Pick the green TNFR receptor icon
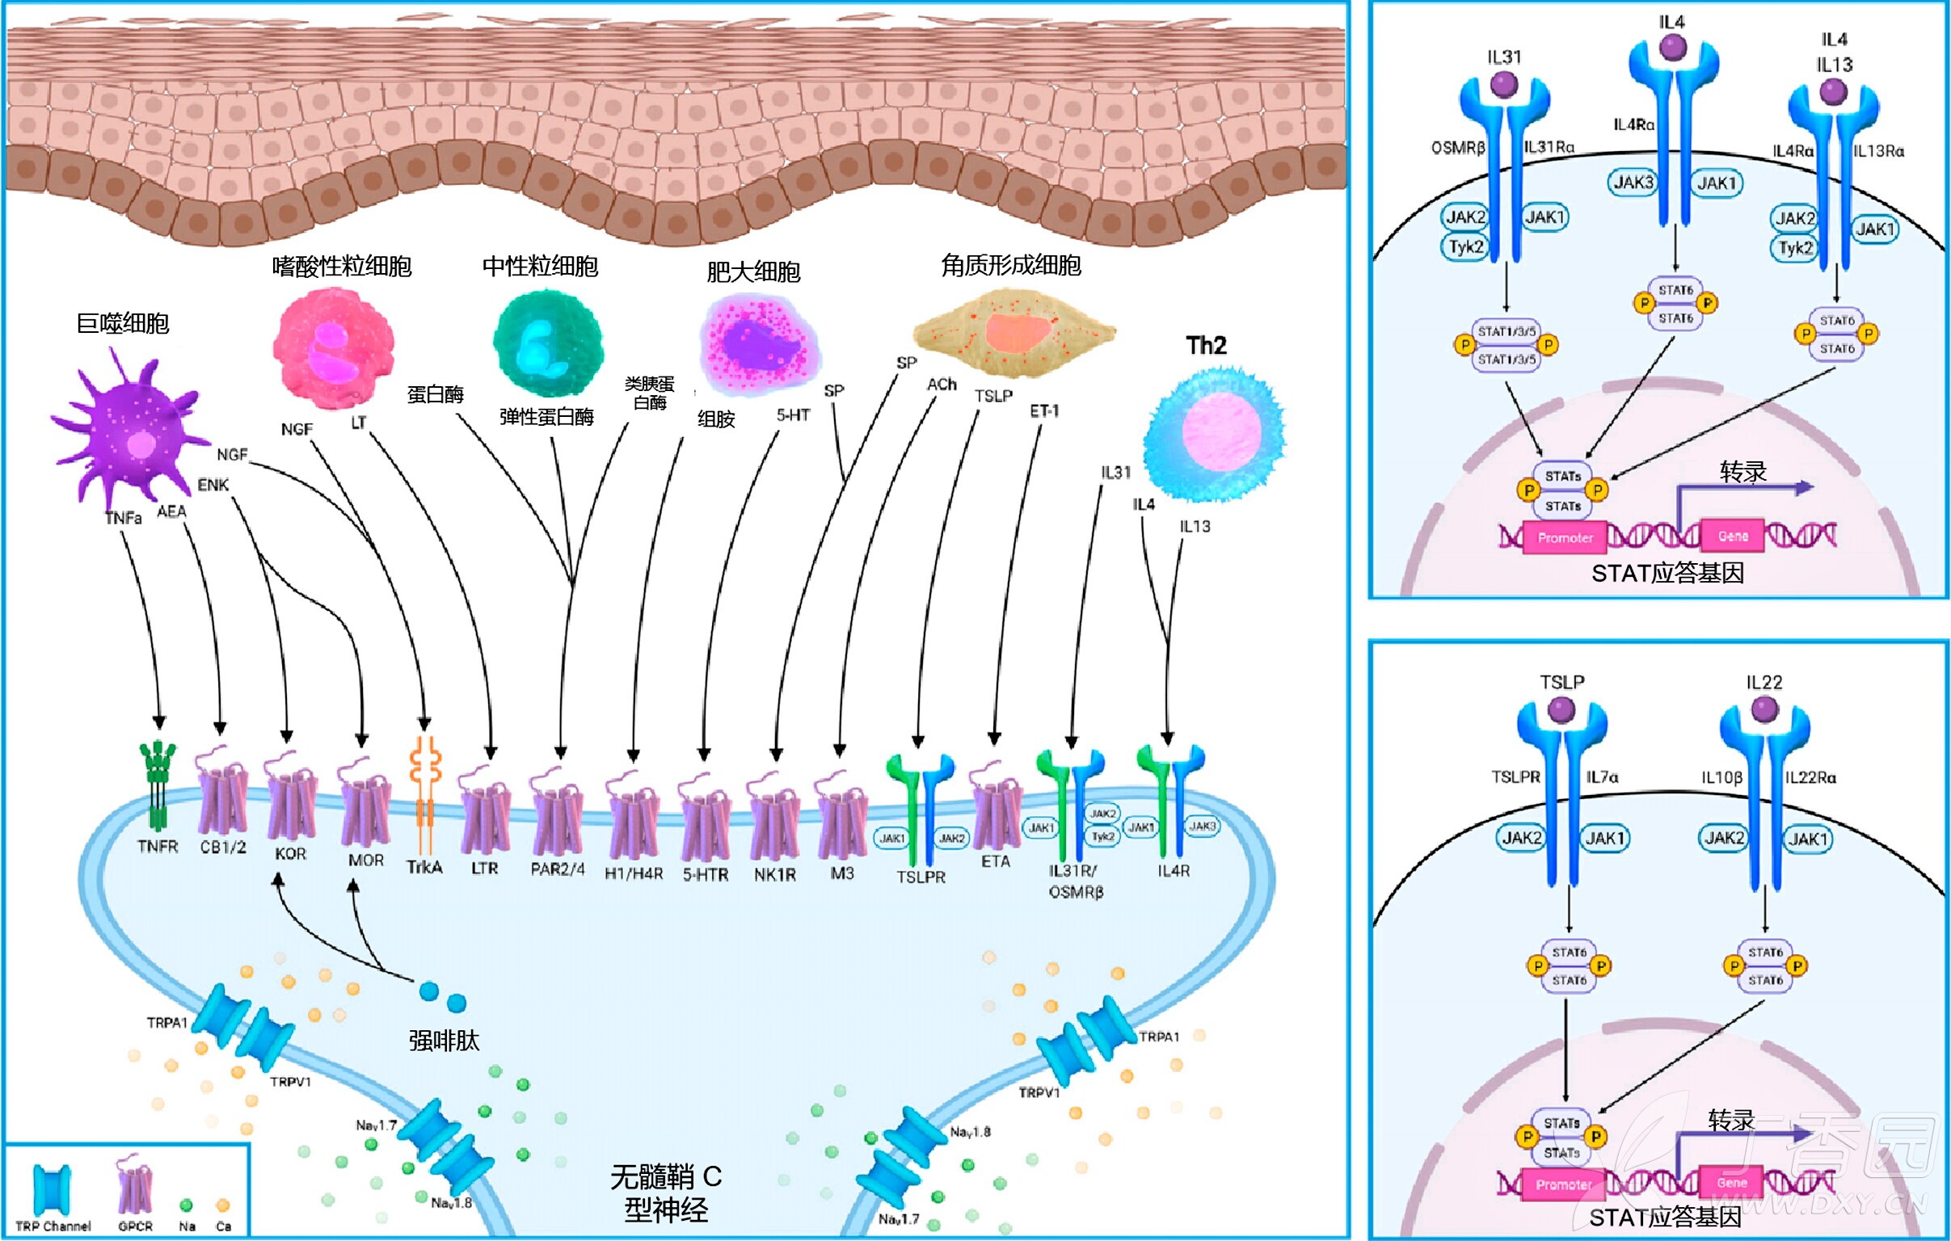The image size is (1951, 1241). pos(158,782)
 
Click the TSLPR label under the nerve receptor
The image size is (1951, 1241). pos(921,877)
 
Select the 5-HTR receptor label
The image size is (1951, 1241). pos(705,875)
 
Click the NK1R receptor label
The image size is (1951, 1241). pos(774,875)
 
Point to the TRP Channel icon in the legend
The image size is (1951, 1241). pos(52,1189)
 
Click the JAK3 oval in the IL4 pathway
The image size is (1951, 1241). pos(1633,183)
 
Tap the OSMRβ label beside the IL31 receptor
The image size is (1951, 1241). pos(1457,148)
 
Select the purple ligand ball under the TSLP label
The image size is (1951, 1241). pos(1561,709)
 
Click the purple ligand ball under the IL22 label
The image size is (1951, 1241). pos(1763,709)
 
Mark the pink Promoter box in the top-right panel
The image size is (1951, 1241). pos(1565,538)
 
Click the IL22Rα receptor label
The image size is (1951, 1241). pos(1811,778)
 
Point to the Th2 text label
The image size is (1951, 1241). pos(1207,346)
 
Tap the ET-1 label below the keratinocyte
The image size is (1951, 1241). pos(1044,411)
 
